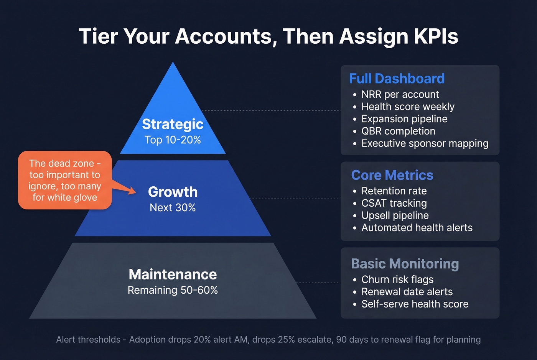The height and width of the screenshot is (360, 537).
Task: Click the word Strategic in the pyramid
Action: [173, 124]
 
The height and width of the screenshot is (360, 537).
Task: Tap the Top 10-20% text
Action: [173, 140]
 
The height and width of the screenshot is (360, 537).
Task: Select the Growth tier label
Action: [173, 192]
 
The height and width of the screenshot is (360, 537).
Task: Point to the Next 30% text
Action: [173, 207]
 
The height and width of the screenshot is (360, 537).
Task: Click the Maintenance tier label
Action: [173, 275]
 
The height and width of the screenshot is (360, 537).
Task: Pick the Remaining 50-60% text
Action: [173, 290]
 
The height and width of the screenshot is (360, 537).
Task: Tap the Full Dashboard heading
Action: [397, 79]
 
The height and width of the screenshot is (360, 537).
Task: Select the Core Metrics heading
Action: [392, 175]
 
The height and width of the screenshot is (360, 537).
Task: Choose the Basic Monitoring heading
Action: [405, 264]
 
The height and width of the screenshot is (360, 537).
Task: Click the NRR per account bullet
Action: [400, 94]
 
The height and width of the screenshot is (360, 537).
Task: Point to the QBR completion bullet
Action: [398, 131]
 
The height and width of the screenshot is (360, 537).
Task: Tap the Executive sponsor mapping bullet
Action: [425, 143]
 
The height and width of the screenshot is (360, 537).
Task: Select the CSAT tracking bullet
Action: [394, 203]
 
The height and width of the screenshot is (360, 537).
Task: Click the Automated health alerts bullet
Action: [417, 228]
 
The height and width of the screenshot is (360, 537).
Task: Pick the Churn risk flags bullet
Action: [397, 279]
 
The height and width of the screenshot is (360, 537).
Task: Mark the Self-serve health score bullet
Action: [415, 304]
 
